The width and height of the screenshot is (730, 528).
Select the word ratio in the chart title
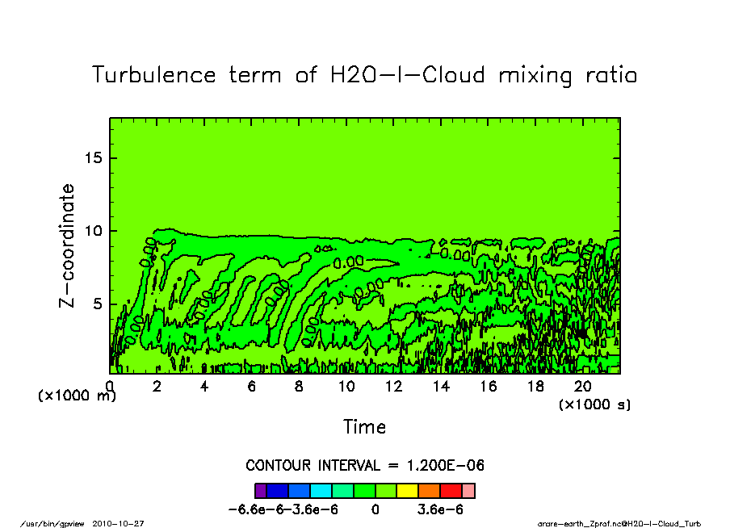pos(609,75)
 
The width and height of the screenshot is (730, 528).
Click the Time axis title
pos(364,426)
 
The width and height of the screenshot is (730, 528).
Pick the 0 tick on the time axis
pos(110,386)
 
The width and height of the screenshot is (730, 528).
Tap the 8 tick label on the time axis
pos(299,386)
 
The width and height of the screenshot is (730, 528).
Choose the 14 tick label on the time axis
pos(441,386)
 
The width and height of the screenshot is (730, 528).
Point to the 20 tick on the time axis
pos(583,386)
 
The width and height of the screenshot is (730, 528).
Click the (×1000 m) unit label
pos(77,396)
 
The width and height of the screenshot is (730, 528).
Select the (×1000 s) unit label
pos(594,404)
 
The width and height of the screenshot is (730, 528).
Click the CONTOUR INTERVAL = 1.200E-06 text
pos(364,466)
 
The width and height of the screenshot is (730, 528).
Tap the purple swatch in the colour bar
pos(260,490)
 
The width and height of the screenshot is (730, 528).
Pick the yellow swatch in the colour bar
pos(407,490)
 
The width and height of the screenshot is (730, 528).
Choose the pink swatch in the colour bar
pos(468,490)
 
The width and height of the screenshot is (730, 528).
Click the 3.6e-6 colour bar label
pos(439,509)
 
